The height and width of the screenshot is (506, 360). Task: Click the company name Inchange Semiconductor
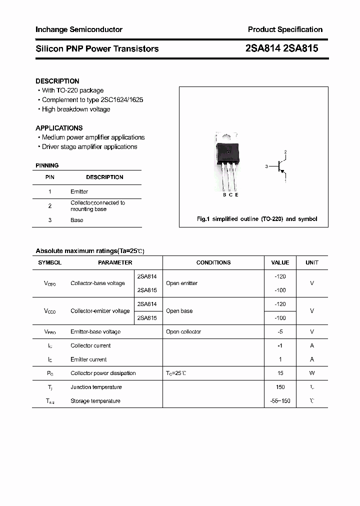(79, 29)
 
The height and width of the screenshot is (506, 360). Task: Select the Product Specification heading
(285, 29)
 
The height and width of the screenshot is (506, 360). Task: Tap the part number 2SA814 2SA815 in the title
(281, 48)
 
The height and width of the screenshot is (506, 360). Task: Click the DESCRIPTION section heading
(57, 81)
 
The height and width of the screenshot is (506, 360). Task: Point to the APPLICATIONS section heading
(59, 128)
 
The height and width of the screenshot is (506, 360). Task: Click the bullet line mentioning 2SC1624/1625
(92, 100)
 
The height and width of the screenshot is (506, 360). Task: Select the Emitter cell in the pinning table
(79, 191)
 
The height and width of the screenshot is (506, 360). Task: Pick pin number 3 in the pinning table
(50, 220)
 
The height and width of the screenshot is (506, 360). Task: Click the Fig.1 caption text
(256, 219)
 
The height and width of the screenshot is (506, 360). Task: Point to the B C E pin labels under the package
(230, 195)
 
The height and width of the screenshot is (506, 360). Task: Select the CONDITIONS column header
(213, 262)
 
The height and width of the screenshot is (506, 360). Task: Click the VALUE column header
(280, 262)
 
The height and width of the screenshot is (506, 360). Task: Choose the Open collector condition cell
(183, 332)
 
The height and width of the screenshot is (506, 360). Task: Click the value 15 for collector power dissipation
(280, 373)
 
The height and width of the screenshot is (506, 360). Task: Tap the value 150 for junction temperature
(280, 387)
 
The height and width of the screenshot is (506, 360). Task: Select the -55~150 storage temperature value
(280, 401)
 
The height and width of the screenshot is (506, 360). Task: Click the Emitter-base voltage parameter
(95, 332)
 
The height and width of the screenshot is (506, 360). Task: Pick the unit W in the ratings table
(312, 373)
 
